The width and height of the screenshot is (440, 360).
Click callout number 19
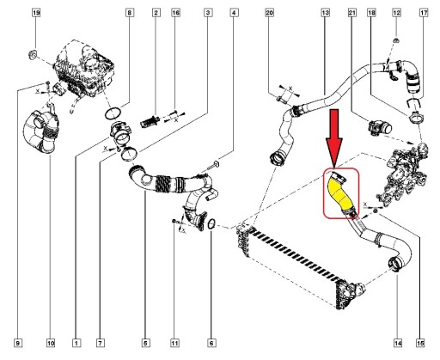(36, 13)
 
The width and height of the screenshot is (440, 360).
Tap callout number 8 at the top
(130, 13)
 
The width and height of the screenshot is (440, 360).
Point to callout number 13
(325, 13)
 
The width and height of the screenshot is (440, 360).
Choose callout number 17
(424, 13)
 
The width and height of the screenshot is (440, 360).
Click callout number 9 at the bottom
(18, 343)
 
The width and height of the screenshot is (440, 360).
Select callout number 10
(51, 343)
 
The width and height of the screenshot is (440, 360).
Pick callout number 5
(145, 343)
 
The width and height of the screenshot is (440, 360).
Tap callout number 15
(420, 343)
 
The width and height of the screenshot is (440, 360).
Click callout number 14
(398, 343)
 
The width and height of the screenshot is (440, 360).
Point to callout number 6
(211, 343)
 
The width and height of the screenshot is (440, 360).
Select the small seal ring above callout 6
(211, 223)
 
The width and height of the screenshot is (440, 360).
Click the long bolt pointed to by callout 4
(215, 165)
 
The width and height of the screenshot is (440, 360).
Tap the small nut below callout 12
(396, 41)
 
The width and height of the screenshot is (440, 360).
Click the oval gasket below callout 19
(33, 56)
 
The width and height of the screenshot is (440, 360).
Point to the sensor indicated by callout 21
(380, 128)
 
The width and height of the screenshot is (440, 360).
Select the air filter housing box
(84, 71)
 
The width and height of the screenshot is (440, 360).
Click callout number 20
(270, 13)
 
